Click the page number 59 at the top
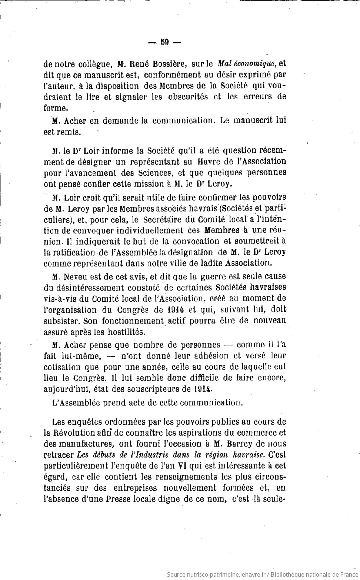click(164, 42)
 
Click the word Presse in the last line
click(120, 498)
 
